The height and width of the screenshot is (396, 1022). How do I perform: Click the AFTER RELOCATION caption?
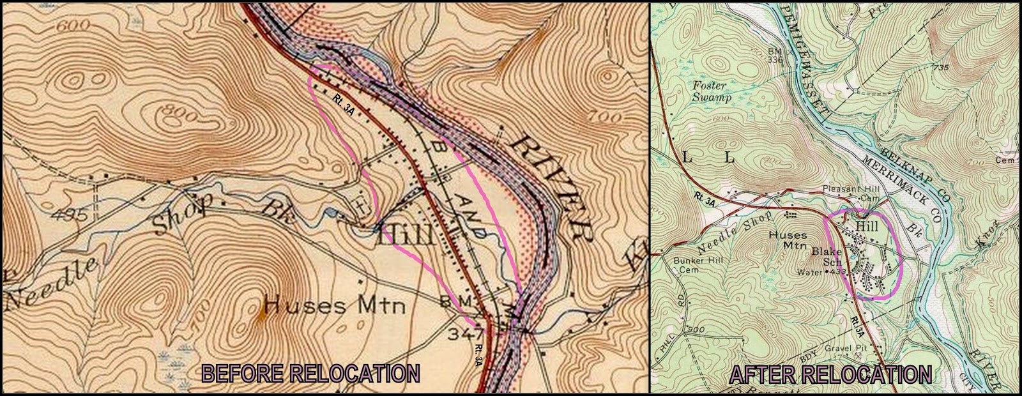pos(830,374)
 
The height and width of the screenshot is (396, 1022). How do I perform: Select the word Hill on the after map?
pos(867,226)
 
